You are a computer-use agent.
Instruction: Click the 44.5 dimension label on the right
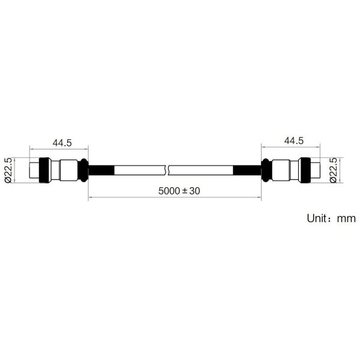click(293, 140)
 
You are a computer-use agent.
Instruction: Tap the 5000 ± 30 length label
click(179, 191)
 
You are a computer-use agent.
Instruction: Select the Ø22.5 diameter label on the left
click(8, 170)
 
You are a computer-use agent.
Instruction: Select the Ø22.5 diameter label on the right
click(334, 170)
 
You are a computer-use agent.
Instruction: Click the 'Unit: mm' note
click(331, 218)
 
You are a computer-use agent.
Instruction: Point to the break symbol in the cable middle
click(167, 170)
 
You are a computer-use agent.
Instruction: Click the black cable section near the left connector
click(101, 170)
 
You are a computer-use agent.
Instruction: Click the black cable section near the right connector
click(247, 170)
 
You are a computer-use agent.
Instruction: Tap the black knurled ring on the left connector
click(45, 170)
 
